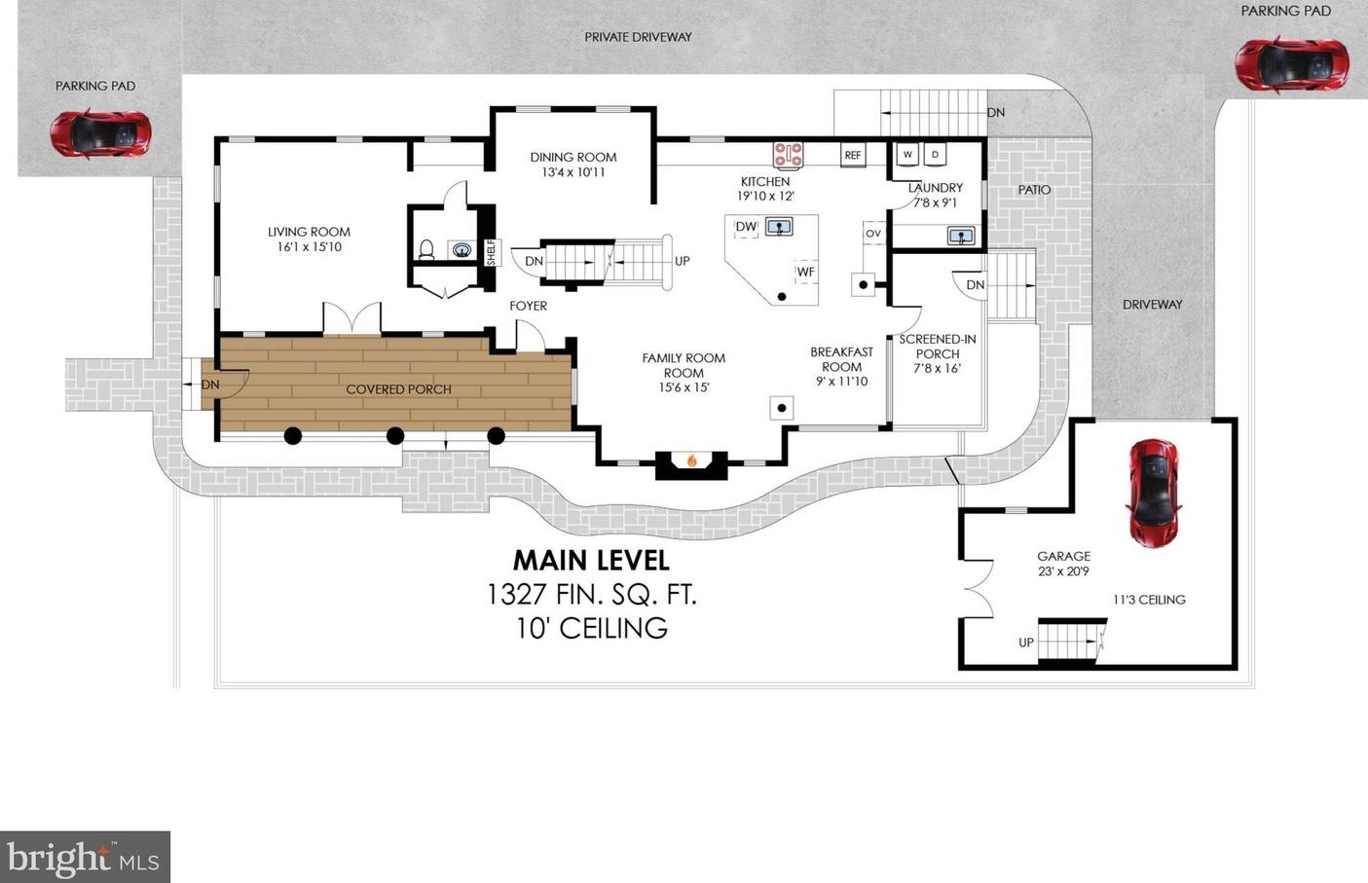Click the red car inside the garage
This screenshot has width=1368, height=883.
coord(1154,493)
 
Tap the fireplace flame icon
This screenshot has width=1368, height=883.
coord(692,461)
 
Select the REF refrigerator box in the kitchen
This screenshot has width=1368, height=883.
coord(853,155)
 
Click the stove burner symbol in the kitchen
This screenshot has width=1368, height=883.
coord(789,155)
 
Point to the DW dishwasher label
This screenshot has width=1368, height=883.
coord(746,227)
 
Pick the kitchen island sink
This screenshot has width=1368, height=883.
coord(779,227)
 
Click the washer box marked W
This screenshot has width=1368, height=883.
coord(907,155)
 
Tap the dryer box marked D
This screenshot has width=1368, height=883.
coord(935,155)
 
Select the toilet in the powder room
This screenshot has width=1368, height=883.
coord(426,250)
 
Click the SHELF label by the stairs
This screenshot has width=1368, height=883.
coord(492,252)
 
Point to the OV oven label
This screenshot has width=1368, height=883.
coord(873,234)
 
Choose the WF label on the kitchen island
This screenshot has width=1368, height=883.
coord(806,272)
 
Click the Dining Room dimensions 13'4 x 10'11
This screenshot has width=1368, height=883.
coord(573,173)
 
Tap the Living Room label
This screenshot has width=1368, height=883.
coord(309,232)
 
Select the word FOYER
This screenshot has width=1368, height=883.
coord(529,306)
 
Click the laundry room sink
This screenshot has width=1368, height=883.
coord(961,236)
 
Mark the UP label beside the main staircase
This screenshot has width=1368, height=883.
coord(683,261)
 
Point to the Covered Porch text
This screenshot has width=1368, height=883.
coord(398,389)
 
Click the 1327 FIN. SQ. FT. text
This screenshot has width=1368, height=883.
coord(591,594)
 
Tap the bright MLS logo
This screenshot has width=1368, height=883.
coord(85,857)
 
